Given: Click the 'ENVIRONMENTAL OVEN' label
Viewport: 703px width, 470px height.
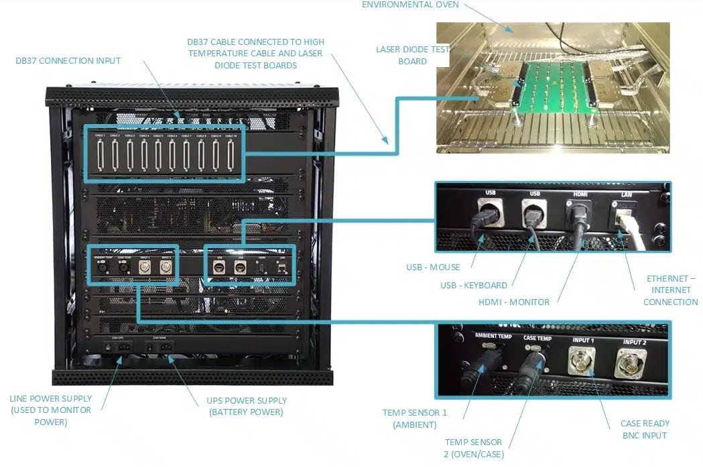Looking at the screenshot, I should [410, 5].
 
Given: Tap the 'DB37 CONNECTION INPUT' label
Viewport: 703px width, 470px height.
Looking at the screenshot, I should [68, 61].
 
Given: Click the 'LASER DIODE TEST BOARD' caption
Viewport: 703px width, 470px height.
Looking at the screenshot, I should [412, 55].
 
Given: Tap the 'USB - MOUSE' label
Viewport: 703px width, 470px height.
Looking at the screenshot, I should [432, 268].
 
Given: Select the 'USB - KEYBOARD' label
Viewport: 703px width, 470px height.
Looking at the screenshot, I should [473, 286].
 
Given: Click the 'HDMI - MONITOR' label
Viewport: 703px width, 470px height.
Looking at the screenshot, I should [515, 302].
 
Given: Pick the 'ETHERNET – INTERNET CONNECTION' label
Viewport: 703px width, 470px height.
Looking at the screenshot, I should [670, 290].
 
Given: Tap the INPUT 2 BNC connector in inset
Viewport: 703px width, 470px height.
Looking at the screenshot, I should [633, 366].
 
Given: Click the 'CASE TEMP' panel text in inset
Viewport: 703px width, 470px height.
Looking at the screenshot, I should [537, 339].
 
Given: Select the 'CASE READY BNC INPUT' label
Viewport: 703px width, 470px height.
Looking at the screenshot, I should [645, 429].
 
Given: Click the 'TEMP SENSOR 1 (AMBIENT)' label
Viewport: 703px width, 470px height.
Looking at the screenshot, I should [415, 419].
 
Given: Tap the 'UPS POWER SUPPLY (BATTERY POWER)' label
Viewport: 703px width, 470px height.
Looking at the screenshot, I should [247, 406].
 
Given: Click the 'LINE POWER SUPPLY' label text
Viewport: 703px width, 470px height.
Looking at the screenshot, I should [51, 398].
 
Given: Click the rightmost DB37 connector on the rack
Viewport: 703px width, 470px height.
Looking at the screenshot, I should [230, 156].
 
